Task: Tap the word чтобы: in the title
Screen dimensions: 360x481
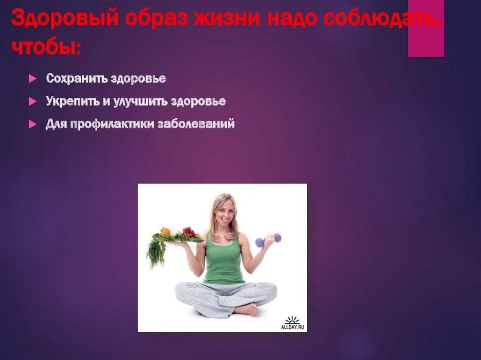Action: point(46,47)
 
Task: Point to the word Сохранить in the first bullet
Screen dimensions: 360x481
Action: point(77,78)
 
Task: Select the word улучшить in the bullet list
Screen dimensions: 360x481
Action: point(144,101)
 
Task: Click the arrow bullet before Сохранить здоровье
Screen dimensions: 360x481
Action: point(32,79)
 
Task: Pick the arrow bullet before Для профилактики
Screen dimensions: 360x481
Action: point(32,125)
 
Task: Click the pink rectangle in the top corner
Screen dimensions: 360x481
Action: point(426,29)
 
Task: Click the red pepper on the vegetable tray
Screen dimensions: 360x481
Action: point(188,231)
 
